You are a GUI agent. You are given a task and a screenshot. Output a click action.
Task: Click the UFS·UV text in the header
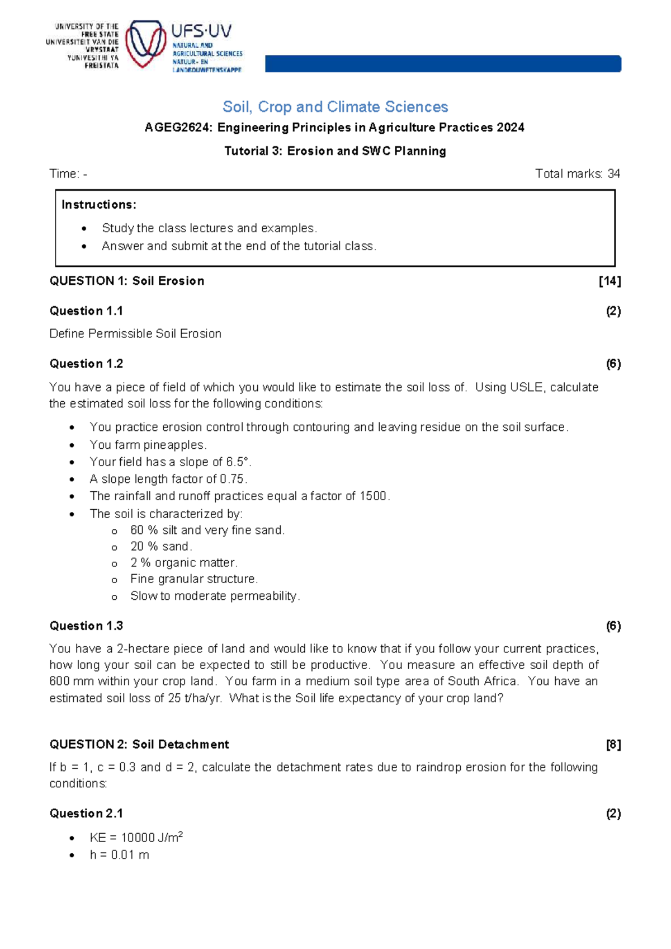(x=201, y=31)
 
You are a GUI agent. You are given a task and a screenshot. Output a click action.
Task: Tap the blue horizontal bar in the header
(x=442, y=64)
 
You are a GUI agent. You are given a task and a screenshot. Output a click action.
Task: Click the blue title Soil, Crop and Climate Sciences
(x=335, y=107)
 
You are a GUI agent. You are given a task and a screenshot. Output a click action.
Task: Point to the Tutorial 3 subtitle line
(x=335, y=151)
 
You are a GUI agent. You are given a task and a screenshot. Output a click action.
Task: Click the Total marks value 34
(x=613, y=174)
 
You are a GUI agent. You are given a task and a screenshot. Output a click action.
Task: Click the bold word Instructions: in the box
(x=99, y=205)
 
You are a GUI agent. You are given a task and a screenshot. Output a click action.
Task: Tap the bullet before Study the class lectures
(x=84, y=228)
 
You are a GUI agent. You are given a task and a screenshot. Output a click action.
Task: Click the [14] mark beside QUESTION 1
(x=609, y=281)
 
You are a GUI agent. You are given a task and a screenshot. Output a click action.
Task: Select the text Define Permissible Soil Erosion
(x=135, y=333)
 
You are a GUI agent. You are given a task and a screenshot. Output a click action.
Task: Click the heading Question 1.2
(x=86, y=364)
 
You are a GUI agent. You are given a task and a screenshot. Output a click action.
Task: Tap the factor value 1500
(x=373, y=496)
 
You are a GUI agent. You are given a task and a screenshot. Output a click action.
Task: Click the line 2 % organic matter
(x=184, y=563)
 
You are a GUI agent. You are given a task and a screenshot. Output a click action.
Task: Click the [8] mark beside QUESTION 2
(x=613, y=745)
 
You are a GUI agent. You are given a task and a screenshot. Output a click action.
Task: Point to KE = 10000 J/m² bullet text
(x=136, y=838)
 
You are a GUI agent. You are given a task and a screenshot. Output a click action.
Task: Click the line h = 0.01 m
(x=119, y=855)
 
